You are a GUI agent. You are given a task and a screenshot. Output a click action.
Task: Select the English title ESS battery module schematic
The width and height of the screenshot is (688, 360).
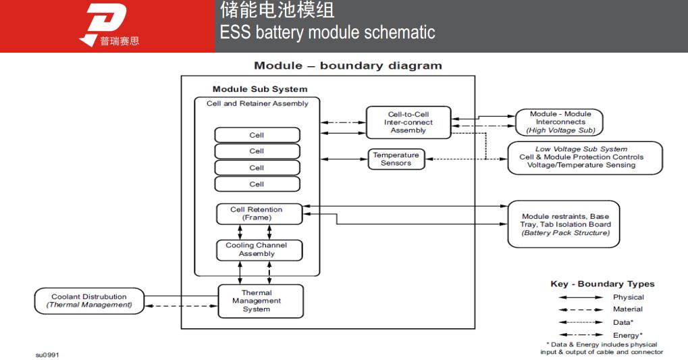pyautogui.click(x=327, y=32)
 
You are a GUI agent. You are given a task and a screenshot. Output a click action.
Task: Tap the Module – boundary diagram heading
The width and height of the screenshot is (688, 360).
pyautogui.click(x=348, y=66)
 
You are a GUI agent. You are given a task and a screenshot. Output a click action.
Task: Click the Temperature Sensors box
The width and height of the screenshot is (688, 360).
pyautogui.click(x=396, y=159)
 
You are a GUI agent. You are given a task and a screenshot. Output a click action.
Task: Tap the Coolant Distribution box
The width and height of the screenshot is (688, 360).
pyautogui.click(x=89, y=301)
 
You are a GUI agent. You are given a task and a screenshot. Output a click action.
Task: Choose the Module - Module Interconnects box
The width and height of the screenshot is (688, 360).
pyautogui.click(x=560, y=122)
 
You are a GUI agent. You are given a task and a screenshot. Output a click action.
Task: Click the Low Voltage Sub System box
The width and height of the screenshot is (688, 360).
pyautogui.click(x=585, y=157)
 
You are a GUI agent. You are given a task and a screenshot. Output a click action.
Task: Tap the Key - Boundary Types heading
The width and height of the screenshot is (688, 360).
pyautogui.click(x=602, y=284)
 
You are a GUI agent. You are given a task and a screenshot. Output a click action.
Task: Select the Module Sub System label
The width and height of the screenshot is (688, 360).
pyautogui.click(x=259, y=89)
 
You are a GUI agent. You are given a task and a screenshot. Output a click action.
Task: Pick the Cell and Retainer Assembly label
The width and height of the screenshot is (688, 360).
pyautogui.click(x=257, y=104)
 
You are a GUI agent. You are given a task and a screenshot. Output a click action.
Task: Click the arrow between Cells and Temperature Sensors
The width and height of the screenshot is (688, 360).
pyautogui.click(x=344, y=159)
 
